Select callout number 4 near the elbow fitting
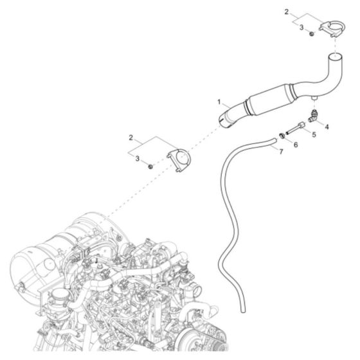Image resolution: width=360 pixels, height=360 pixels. tap(327, 127)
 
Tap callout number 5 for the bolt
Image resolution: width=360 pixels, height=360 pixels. tap(314, 135)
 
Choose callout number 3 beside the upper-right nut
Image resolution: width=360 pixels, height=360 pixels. tap(301, 27)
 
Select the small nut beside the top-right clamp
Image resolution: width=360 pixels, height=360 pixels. tap(312, 32)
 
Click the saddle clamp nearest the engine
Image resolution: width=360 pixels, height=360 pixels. tap(179, 160)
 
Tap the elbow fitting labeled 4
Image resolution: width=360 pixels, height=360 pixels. tap(314, 115)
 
